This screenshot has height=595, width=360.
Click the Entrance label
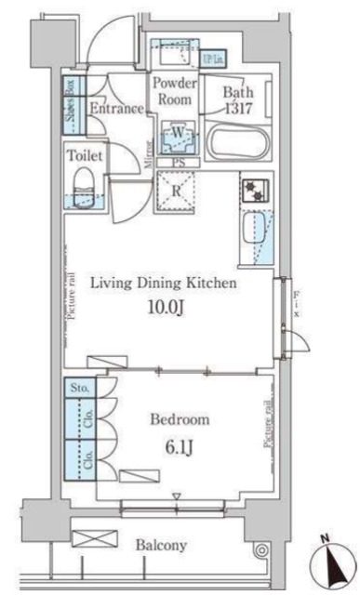116,109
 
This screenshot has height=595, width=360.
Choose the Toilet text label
85,156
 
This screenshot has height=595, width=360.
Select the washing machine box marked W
177,138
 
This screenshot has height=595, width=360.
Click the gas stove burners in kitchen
255,192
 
